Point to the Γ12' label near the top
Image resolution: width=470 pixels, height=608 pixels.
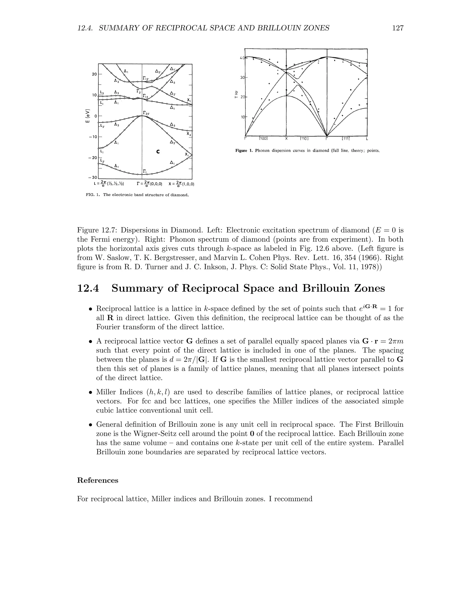pyautogui.click(x=146, y=78)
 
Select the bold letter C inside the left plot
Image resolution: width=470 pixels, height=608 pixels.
pyautogui.click(x=158, y=152)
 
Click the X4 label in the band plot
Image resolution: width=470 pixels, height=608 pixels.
pyautogui.click(x=189, y=134)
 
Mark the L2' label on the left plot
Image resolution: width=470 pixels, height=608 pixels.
pyautogui.click(x=102, y=161)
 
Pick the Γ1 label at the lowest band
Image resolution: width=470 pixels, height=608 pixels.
pyautogui.click(x=145, y=171)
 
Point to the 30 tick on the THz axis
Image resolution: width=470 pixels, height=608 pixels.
pyautogui.click(x=242, y=77)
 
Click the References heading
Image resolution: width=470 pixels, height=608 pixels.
pyautogui.click(x=98, y=480)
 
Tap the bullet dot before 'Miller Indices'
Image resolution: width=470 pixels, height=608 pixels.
pyautogui.click(x=90, y=393)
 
